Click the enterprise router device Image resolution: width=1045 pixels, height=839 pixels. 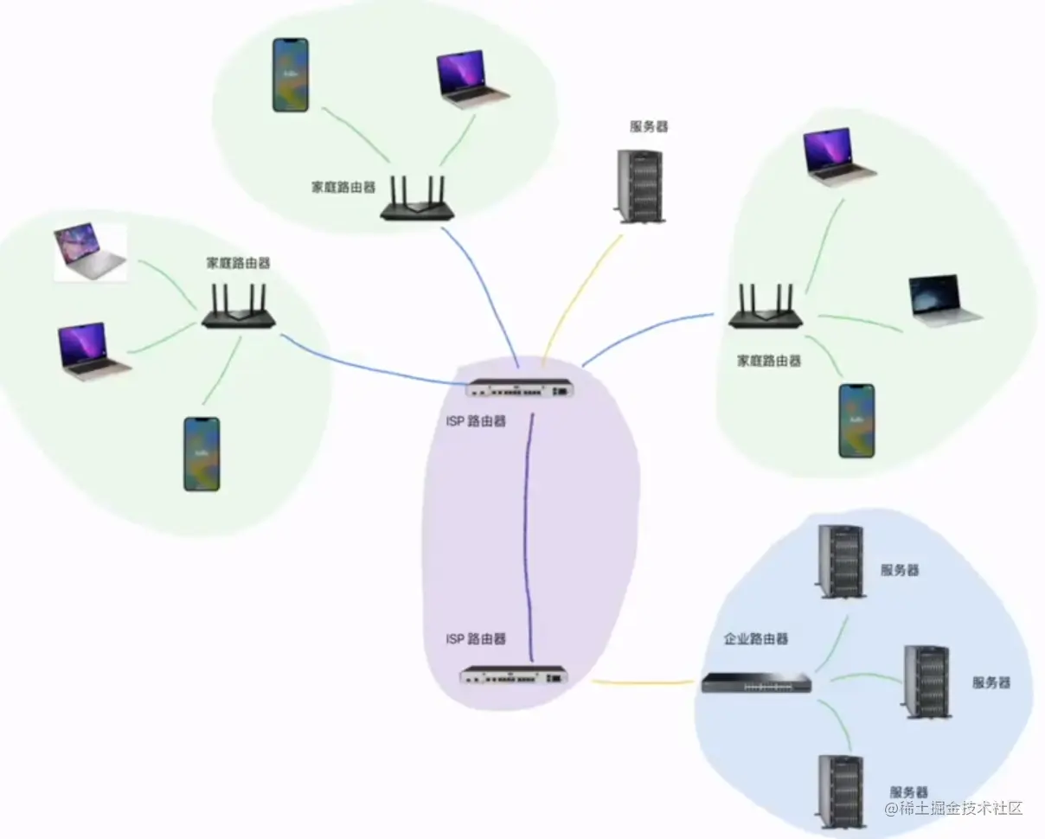[757, 683]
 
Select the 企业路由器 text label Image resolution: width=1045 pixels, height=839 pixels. [756, 639]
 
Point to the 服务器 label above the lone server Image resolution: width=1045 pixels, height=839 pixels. [649, 126]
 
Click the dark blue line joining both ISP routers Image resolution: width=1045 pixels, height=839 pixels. [527, 536]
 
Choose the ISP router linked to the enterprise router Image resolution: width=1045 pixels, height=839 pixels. [515, 675]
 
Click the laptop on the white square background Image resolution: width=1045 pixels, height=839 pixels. [91, 252]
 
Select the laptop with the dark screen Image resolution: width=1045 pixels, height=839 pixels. [945, 300]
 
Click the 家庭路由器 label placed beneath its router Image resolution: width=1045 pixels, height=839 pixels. [769, 360]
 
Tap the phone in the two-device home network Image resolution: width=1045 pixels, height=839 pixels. [290, 74]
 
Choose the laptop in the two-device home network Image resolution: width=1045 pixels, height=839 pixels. [472, 80]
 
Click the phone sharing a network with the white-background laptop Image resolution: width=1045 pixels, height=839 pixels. [201, 454]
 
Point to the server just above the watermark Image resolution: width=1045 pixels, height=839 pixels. [841, 791]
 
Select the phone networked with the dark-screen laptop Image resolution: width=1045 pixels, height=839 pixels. [856, 420]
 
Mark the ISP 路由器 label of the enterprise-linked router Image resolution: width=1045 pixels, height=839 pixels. [476, 639]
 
